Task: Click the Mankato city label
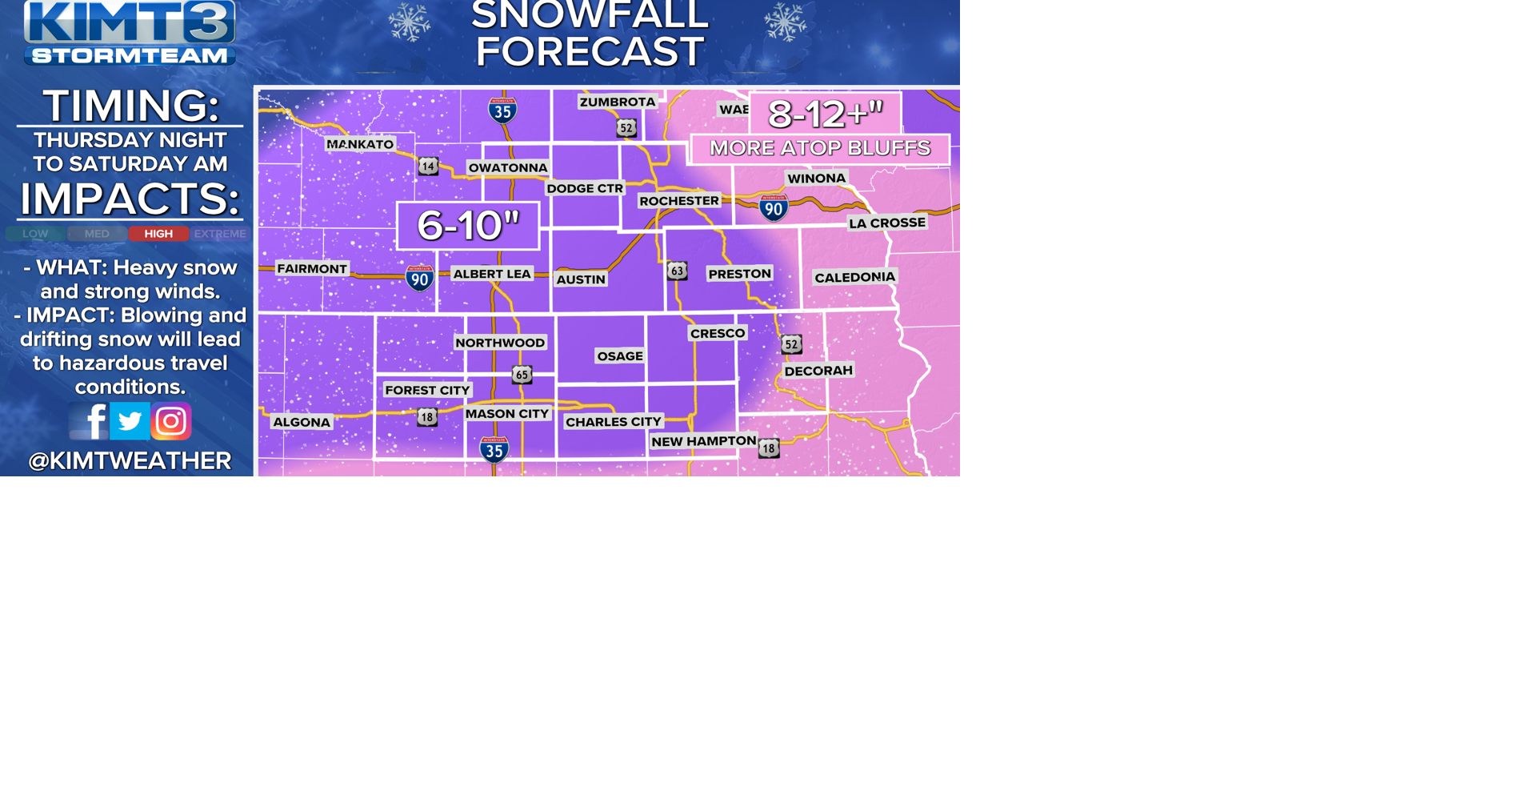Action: [x=360, y=144]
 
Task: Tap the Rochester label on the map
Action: [x=679, y=201]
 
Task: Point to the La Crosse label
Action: [x=887, y=223]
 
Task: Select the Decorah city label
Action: [x=818, y=371]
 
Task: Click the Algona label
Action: [x=302, y=422]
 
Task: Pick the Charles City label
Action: [x=614, y=422]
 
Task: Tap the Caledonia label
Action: [x=854, y=277]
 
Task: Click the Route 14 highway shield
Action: [x=429, y=167]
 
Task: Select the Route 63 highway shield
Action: [x=677, y=271]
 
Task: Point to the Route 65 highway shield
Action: [x=522, y=375]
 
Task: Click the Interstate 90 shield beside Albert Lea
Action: [x=419, y=279]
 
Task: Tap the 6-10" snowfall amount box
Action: [x=468, y=226]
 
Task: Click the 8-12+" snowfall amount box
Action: [x=825, y=114]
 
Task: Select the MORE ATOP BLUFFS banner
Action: [x=820, y=148]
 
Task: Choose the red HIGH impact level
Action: [x=158, y=234]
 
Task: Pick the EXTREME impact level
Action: [x=220, y=234]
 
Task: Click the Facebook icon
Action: [x=89, y=421]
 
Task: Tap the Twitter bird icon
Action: [x=130, y=421]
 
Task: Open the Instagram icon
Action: [x=171, y=421]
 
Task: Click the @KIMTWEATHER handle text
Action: [x=130, y=460]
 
